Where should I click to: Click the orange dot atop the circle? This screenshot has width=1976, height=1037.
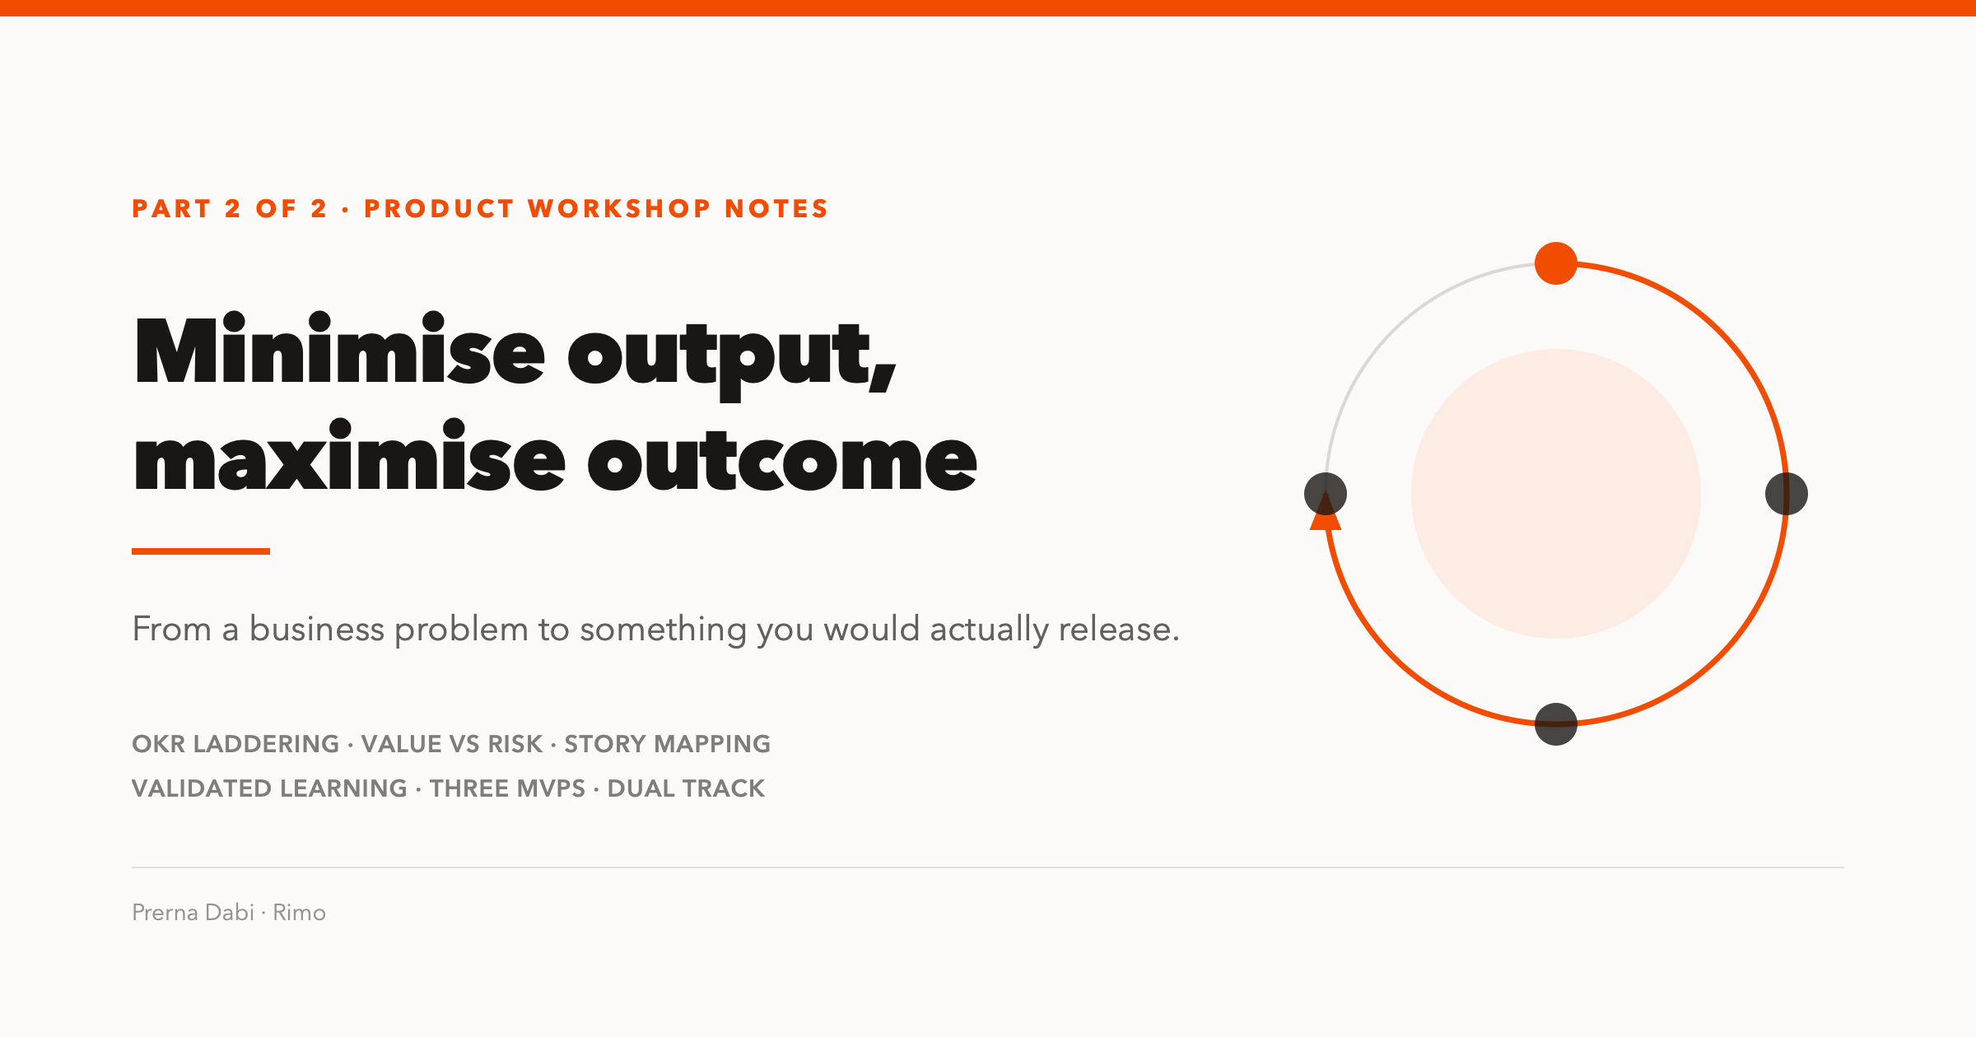tap(1556, 263)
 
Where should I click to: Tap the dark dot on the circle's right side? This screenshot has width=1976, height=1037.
tap(1787, 494)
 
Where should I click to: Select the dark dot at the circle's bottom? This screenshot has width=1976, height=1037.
tap(1556, 724)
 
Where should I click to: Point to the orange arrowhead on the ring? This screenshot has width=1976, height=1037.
tap(1326, 512)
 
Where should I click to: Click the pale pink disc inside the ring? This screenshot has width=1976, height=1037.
tap(1556, 494)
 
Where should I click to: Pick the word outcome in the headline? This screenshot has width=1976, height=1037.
tap(782, 461)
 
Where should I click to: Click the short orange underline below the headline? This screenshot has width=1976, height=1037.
tap(201, 551)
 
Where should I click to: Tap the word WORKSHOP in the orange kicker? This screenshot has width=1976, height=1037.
tap(619, 209)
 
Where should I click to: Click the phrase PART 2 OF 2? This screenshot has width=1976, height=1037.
tap(230, 209)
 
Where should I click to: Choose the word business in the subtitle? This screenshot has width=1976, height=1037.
tap(317, 630)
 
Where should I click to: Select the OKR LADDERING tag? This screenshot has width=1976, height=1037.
tap(235, 744)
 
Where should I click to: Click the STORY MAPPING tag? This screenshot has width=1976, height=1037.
tap(668, 744)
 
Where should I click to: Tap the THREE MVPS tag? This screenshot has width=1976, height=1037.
tap(507, 788)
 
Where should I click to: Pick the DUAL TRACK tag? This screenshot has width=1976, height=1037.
tap(687, 788)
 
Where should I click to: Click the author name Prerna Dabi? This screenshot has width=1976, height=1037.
tap(193, 913)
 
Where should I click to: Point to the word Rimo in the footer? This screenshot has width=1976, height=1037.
tap(300, 913)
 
